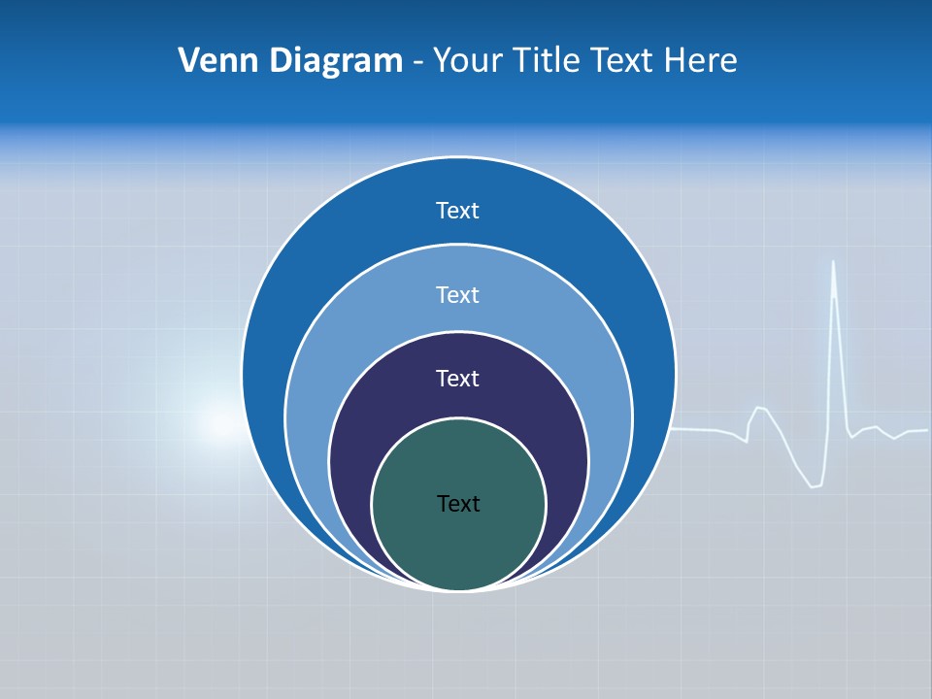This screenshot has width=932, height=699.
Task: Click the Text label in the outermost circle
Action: (x=458, y=211)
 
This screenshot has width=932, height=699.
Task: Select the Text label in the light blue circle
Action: (x=458, y=294)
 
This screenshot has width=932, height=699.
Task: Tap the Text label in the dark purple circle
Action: (x=458, y=378)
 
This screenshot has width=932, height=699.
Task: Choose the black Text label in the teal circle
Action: (x=458, y=503)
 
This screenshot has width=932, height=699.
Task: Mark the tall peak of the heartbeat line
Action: (x=834, y=264)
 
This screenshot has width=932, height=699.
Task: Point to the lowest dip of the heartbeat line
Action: (x=815, y=485)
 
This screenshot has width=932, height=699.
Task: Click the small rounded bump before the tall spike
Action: (x=760, y=409)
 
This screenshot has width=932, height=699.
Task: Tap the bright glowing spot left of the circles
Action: (x=219, y=424)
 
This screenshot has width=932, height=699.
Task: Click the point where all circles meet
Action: (x=458, y=588)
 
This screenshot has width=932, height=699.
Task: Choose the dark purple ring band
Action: (x=349, y=427)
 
